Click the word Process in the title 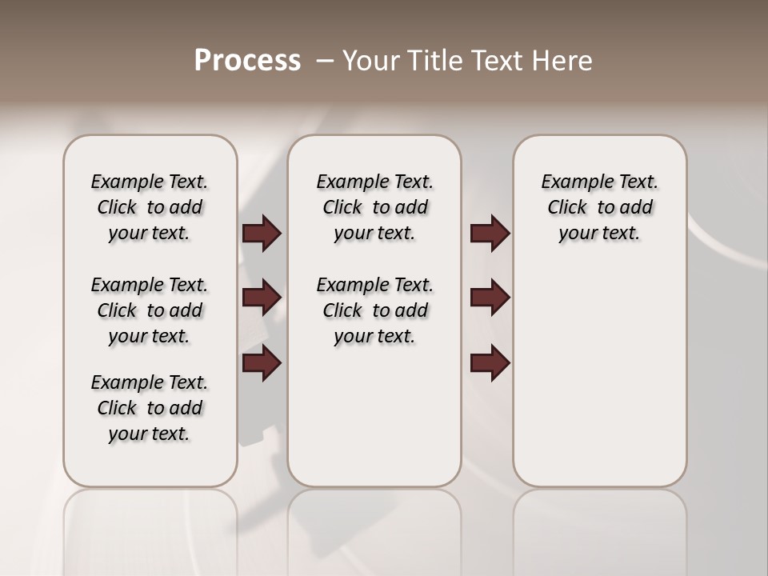tap(247, 60)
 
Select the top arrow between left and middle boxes tap(262, 234)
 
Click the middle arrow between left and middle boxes tap(262, 298)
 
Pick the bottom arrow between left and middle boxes tap(262, 363)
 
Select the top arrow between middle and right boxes tap(490, 234)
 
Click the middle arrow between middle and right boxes tap(490, 298)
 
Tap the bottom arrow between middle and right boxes tap(490, 363)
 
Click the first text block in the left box tap(150, 207)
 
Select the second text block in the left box tap(150, 310)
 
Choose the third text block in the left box tap(150, 408)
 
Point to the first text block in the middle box tap(374, 207)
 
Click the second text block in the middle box tap(374, 310)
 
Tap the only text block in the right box tap(599, 207)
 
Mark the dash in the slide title tap(325, 60)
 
